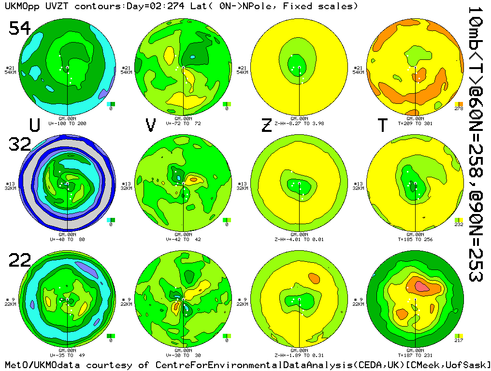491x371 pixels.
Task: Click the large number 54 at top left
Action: click(x=20, y=29)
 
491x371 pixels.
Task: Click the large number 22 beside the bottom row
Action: click(x=20, y=261)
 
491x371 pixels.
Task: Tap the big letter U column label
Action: click(x=34, y=126)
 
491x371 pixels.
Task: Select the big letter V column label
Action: click(x=151, y=126)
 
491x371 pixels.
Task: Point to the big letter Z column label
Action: click(x=266, y=126)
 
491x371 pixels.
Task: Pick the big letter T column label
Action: click(x=382, y=126)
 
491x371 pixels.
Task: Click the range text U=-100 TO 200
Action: click(x=68, y=124)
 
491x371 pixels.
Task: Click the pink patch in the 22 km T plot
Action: click(x=422, y=286)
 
